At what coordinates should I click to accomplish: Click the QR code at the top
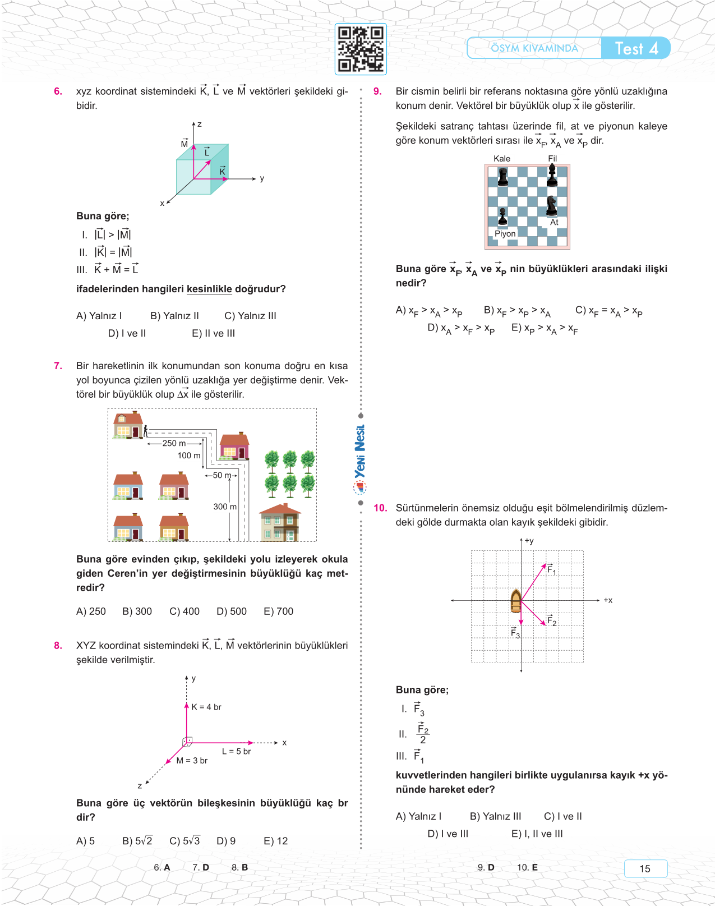pyautogui.click(x=361, y=49)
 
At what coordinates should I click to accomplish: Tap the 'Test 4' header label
pyautogui.click(x=636, y=49)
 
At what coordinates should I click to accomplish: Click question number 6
pyautogui.click(x=58, y=91)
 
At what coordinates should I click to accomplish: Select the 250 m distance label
pyautogui.click(x=173, y=443)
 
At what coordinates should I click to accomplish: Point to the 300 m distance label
pyautogui.click(x=225, y=507)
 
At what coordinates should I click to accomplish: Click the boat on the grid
pyautogui.click(x=516, y=601)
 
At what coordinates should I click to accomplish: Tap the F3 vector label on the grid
pyautogui.click(x=515, y=633)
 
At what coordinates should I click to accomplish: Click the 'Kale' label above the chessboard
pyautogui.click(x=502, y=159)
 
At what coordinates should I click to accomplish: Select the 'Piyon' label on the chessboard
pyautogui.click(x=505, y=234)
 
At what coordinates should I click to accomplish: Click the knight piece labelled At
pyautogui.click(x=552, y=206)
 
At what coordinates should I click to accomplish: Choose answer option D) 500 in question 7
pyautogui.click(x=232, y=611)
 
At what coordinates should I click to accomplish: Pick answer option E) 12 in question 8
pyautogui.click(x=275, y=841)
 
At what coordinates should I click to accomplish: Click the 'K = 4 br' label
pyautogui.click(x=206, y=707)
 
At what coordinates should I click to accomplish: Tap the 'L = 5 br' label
pyautogui.click(x=236, y=751)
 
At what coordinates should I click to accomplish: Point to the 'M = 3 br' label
pyautogui.click(x=192, y=761)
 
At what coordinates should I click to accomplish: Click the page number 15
pyautogui.click(x=645, y=868)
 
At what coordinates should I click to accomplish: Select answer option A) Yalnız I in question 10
pyautogui.click(x=418, y=816)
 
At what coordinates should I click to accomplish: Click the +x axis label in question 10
pyautogui.click(x=608, y=600)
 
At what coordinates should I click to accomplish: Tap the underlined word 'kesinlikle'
pyautogui.click(x=209, y=289)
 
